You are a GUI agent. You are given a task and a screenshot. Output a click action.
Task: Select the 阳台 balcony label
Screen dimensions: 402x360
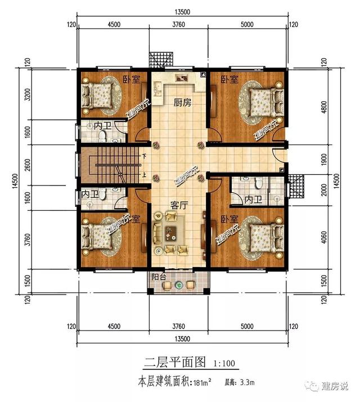pyautogui.click(x=159, y=277)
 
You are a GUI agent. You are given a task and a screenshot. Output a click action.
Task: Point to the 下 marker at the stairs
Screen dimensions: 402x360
pyautogui.click(x=144, y=156)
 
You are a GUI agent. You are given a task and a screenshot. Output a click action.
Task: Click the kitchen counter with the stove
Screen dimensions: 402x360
pyautogui.click(x=181, y=79)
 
